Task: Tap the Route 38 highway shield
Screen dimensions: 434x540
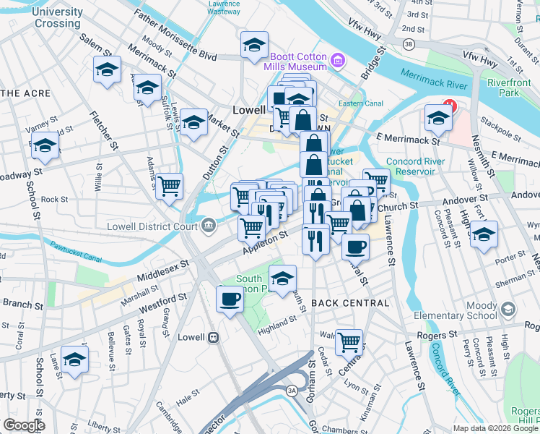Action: [x=409, y=45]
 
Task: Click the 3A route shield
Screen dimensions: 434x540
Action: [x=292, y=391]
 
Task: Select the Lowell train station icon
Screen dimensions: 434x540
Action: [x=213, y=338]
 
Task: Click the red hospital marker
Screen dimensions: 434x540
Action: [x=449, y=106]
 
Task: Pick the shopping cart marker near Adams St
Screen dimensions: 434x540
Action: [x=169, y=187]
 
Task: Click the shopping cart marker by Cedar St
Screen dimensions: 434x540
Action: [x=349, y=340]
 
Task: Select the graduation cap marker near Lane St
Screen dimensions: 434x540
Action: [x=74, y=359]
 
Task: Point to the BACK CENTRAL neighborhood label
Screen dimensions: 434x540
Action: [x=350, y=303]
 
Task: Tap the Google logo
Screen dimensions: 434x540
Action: [x=24, y=425]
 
